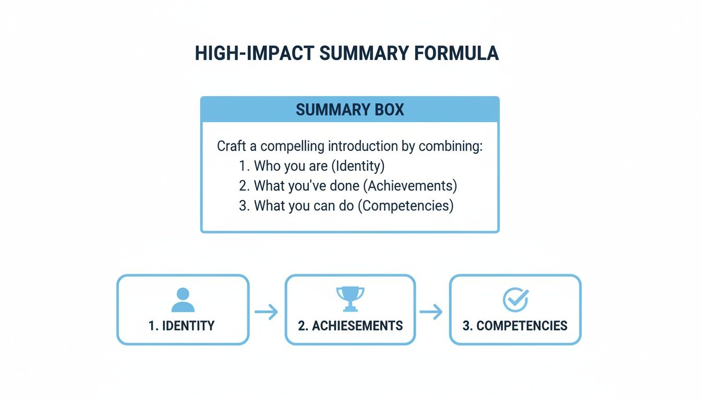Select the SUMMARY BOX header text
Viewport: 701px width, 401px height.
tap(350, 110)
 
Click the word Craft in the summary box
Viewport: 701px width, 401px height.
tap(232, 146)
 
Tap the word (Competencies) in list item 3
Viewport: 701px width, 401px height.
tap(406, 206)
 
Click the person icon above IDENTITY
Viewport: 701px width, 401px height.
tap(183, 300)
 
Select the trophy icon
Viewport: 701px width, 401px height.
tap(350, 299)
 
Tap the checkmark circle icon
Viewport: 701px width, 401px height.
tap(515, 300)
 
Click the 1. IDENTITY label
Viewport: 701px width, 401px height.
tap(182, 326)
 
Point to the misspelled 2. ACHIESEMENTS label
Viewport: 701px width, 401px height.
tap(350, 326)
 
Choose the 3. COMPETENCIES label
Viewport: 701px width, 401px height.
tap(515, 326)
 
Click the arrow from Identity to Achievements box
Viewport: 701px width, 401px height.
tap(267, 312)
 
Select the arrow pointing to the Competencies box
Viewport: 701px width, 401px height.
tap(431, 312)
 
